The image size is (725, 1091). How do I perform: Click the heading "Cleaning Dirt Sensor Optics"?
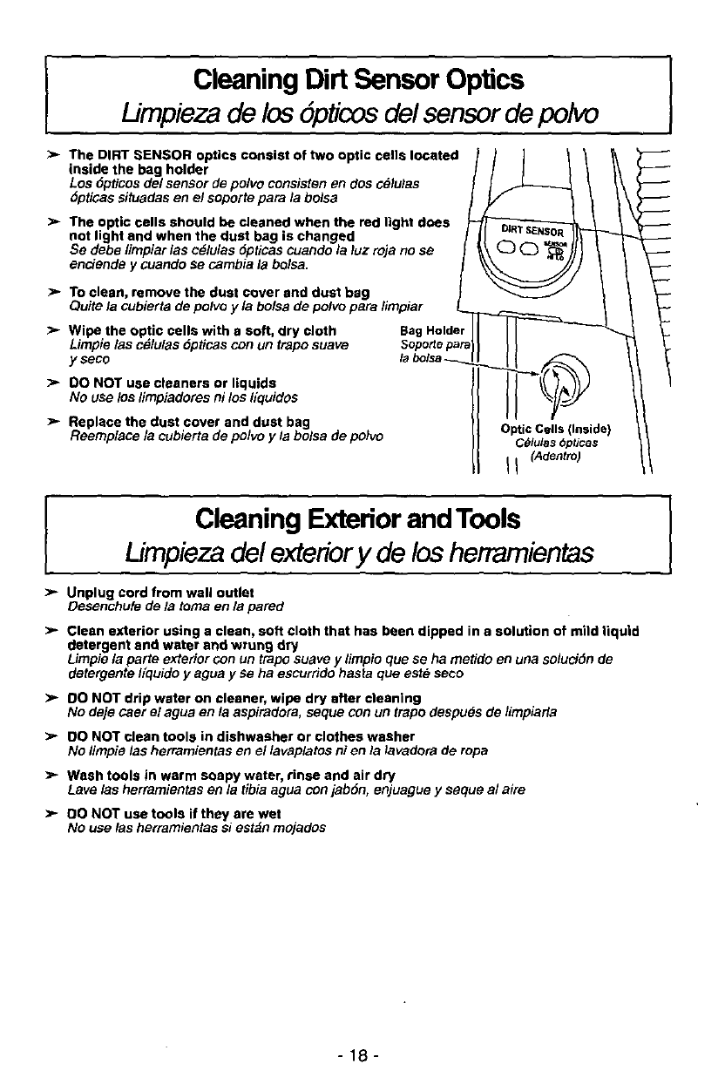(359, 81)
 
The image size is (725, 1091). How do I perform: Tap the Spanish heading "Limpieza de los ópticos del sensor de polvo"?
(359, 115)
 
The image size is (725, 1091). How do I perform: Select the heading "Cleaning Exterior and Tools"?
(359, 519)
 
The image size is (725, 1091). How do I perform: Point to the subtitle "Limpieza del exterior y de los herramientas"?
(359, 552)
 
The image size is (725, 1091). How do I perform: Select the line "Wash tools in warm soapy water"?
(231, 775)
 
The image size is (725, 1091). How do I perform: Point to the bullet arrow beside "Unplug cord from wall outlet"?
(51, 593)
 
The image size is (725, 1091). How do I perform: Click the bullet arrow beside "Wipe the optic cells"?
(51, 331)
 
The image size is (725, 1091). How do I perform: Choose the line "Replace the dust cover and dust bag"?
(189, 423)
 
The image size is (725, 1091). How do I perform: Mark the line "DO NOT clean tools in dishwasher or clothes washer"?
(228, 736)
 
